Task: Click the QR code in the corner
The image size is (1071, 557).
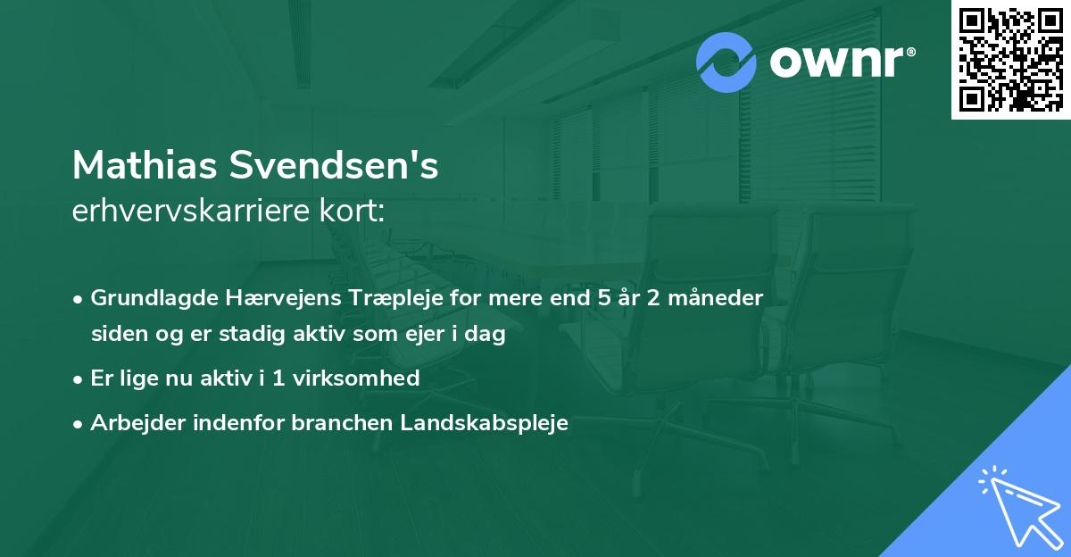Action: tap(1011, 59)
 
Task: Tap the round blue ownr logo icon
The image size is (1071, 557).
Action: tap(726, 62)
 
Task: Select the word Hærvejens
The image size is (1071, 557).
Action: tap(254, 298)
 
